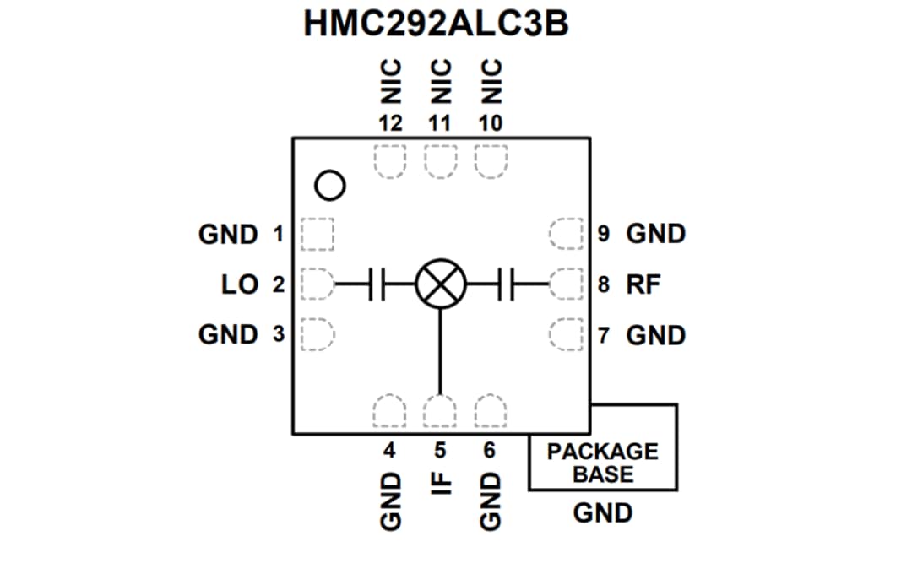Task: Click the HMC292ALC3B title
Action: coord(436,24)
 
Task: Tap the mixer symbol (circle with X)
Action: coord(440,283)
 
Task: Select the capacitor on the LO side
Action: coord(376,283)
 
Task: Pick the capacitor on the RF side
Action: coord(507,283)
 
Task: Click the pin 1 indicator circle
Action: coord(330,185)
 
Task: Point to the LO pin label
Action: coord(240,284)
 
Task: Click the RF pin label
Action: coord(643,284)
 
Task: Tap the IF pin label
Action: coord(440,485)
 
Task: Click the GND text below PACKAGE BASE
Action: coord(602,512)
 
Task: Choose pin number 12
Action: coord(389,123)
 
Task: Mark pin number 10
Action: coord(490,123)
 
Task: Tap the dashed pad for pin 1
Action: coord(318,234)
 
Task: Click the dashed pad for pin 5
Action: coord(440,412)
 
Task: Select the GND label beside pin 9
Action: coord(655,234)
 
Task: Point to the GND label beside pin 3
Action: coord(228,334)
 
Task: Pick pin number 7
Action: coord(603,335)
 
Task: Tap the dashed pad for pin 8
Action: coord(564,284)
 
